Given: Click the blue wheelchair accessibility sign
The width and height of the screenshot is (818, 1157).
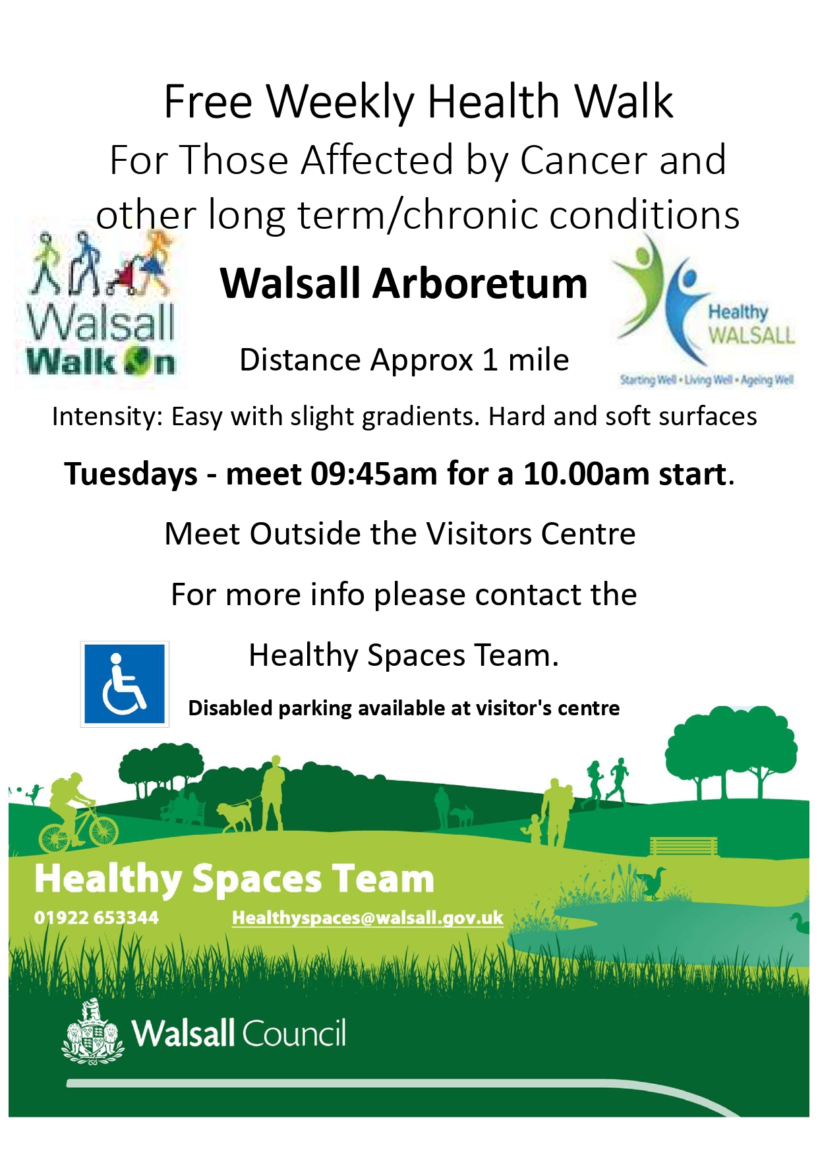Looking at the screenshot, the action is tap(125, 684).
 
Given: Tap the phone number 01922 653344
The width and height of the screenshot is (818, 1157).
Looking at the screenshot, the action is tap(96, 918).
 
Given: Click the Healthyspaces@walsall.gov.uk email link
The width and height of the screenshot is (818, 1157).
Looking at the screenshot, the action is tap(367, 918).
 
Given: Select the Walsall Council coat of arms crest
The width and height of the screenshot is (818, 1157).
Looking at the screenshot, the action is tap(93, 1032).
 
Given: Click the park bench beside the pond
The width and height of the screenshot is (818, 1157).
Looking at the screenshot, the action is tap(684, 846).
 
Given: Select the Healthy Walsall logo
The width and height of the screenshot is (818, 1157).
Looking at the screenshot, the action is tap(706, 310).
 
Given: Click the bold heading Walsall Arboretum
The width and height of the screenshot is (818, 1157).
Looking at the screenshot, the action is tap(403, 283).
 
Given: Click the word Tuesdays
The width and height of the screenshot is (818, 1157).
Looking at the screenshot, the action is tap(131, 475).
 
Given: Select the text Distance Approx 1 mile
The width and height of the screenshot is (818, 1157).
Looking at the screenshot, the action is tap(404, 360).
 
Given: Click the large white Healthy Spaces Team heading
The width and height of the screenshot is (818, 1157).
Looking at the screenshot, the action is tap(234, 879).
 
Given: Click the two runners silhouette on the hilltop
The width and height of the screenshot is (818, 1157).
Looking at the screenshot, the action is tap(608, 781).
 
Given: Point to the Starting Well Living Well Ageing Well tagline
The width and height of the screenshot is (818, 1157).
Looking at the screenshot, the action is tap(707, 380).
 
